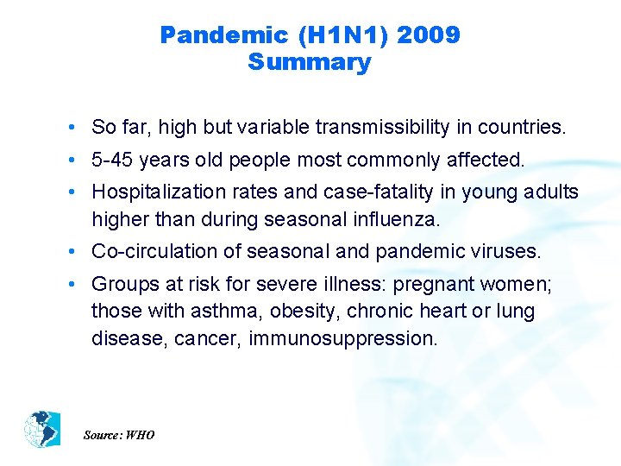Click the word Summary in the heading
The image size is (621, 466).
[x=309, y=62]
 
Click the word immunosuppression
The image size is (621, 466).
[x=343, y=338]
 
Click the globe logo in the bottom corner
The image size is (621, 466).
[x=42, y=428]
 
